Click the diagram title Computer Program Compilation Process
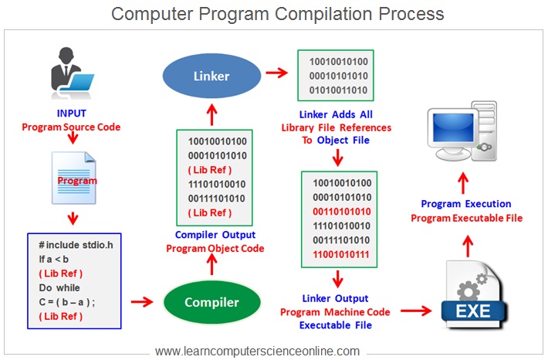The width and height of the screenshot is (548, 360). coord(277,14)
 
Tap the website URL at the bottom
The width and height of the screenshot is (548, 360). coord(257,351)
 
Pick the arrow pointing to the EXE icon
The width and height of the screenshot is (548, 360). coord(414,311)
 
